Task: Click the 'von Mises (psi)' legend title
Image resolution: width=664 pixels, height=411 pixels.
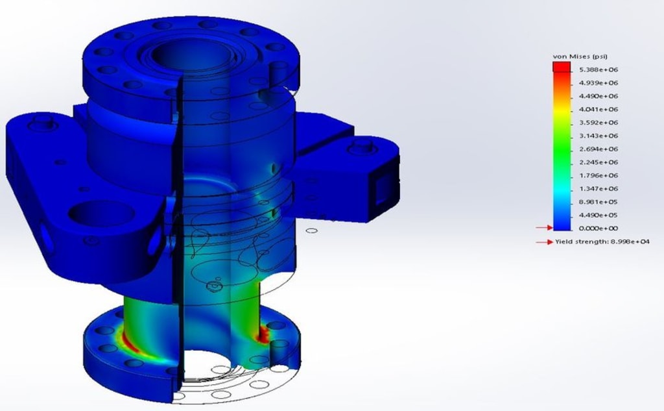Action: pos(580,56)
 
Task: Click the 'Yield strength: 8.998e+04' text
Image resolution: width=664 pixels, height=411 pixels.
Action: pos(602,242)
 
